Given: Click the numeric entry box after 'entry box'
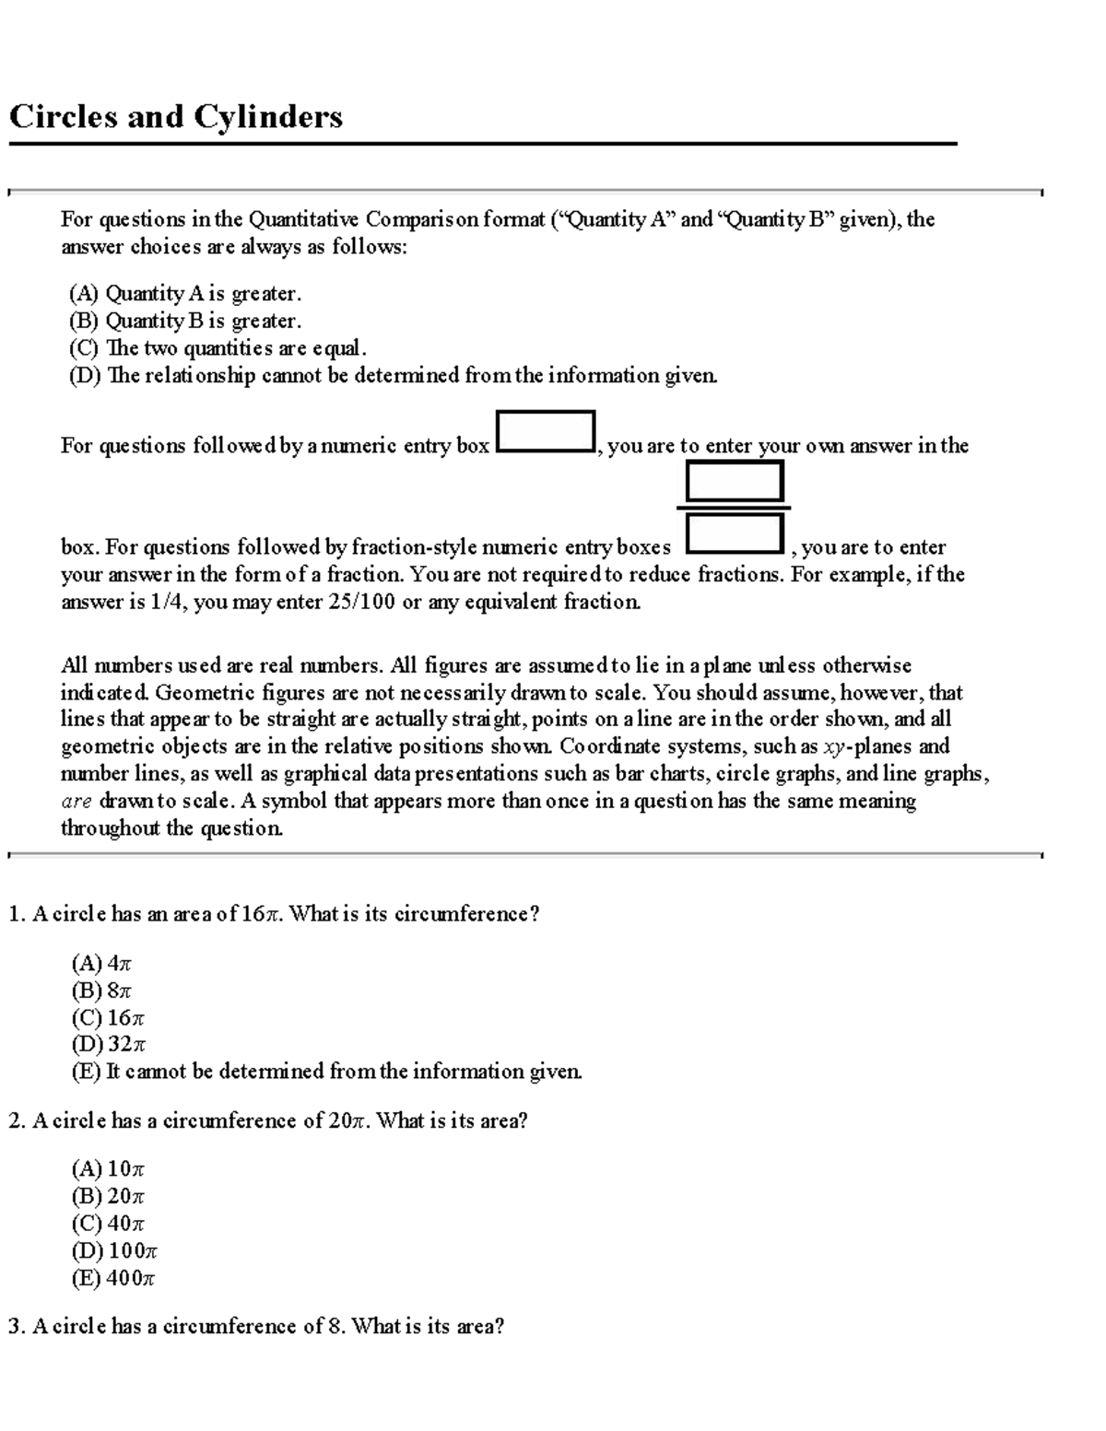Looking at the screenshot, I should coord(545,431).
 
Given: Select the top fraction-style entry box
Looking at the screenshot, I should coord(735,481).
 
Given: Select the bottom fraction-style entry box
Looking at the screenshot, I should coord(735,534).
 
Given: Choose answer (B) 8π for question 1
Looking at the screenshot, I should coord(101,991).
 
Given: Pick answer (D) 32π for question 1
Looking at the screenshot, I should coord(109,1044).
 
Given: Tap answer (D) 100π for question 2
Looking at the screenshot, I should coord(114,1250).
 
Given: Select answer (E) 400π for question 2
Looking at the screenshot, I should coord(113,1278).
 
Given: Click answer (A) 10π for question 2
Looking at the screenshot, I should coord(108,1169).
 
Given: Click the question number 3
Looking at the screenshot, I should coord(15,1327).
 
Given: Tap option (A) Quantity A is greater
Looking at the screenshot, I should coord(184,294).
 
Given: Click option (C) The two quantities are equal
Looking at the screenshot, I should coord(218,348).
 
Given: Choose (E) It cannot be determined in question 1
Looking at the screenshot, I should coord(326,1071).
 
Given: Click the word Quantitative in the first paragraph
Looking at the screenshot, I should coord(304,219).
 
